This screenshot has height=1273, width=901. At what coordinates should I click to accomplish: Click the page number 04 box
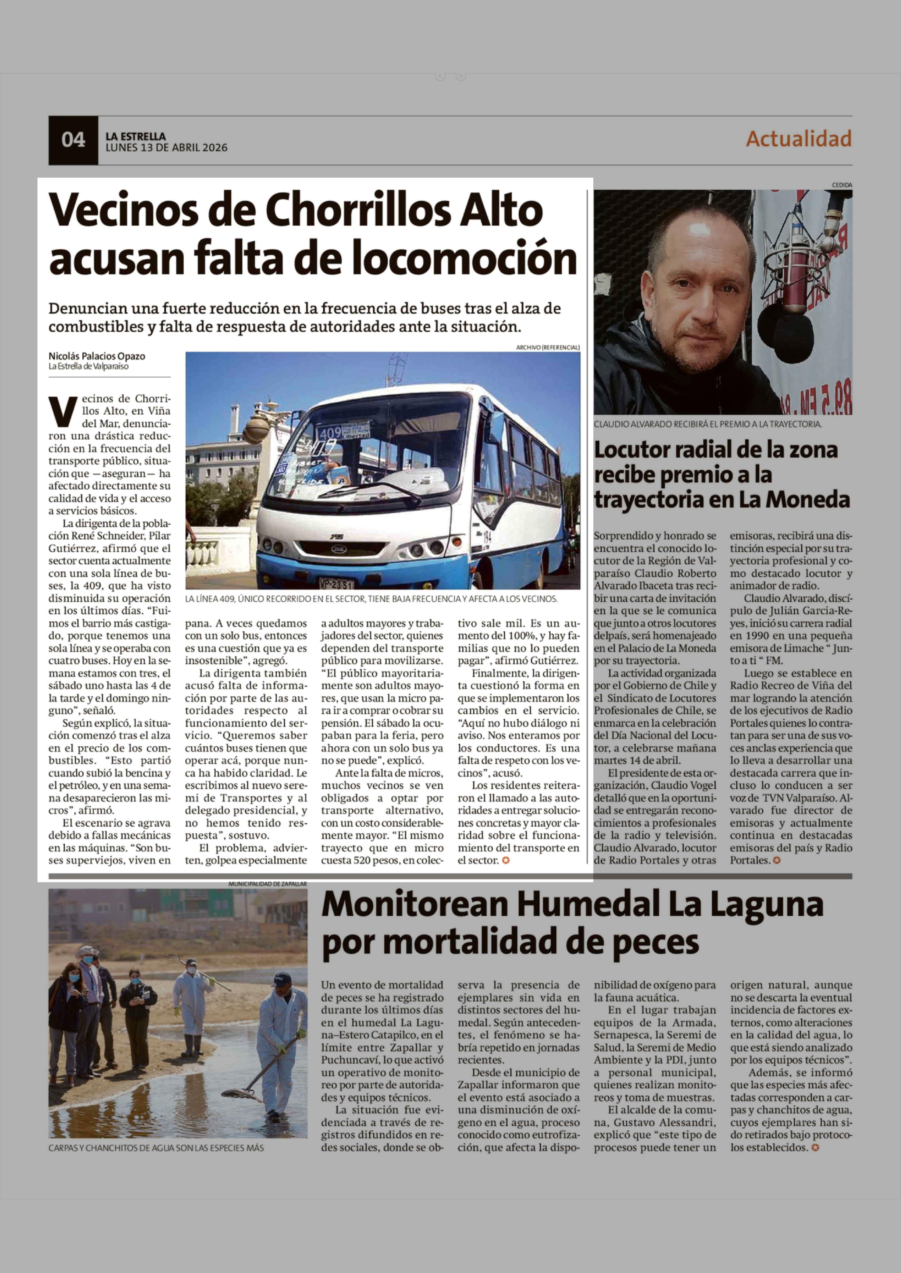click(x=73, y=140)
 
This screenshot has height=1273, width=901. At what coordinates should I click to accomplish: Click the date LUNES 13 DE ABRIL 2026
click(x=166, y=148)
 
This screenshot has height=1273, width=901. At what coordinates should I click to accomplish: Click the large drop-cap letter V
click(x=62, y=411)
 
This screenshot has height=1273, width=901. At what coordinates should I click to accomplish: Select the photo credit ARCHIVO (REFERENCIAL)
click(x=548, y=347)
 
